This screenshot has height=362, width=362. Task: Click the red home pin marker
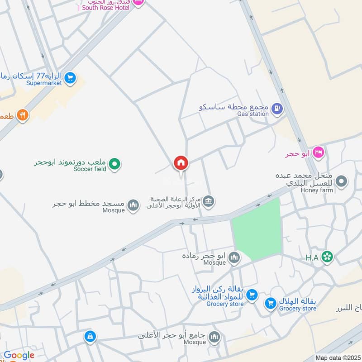[181, 163]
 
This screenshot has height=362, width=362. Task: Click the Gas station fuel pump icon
[277, 109]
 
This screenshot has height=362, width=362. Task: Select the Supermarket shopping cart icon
[70, 78]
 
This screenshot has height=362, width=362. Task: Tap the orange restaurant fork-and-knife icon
[22, 115]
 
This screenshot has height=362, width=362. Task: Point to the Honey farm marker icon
[343, 181]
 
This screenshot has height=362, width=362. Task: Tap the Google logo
[19, 355]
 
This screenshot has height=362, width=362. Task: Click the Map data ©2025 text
[337, 358]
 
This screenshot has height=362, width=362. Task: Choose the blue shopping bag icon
[90, 336]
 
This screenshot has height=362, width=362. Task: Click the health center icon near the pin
[208, 201]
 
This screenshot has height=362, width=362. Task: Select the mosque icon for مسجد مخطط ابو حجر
[133, 206]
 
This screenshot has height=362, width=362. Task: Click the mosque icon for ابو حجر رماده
[234, 258]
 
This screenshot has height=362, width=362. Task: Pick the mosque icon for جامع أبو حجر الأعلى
[214, 337]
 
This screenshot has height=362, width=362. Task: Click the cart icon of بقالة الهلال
[271, 303]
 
